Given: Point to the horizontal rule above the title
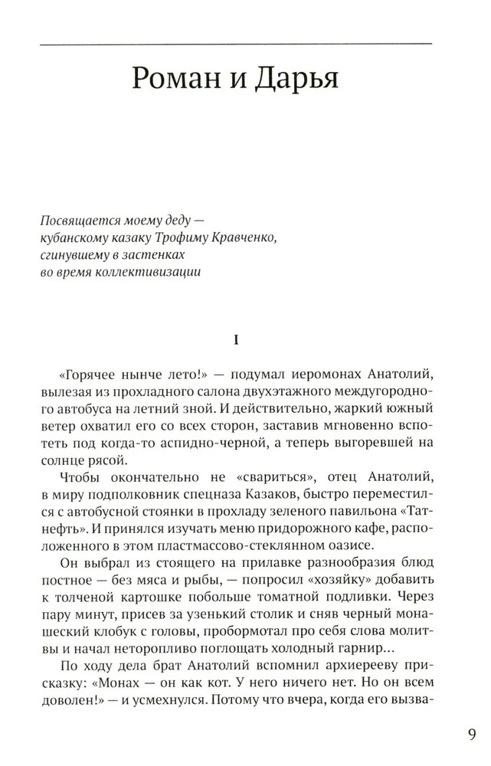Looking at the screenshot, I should click(x=245, y=45).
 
